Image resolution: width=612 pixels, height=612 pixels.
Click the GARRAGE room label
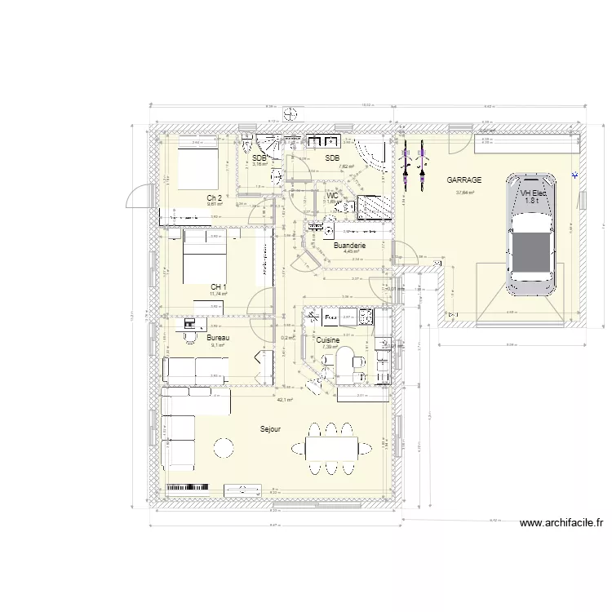point(463,180)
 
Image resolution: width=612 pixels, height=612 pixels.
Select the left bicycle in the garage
point(406,161)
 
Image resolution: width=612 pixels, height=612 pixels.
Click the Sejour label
point(271,428)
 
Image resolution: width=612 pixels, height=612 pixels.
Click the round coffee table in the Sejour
point(223,446)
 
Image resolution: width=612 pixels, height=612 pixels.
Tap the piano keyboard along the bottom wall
point(188,489)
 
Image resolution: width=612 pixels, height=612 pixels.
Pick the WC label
point(332,196)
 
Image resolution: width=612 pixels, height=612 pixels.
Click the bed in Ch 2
point(194,169)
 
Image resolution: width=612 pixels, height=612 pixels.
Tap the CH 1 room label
point(218,286)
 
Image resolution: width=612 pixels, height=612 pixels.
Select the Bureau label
point(218,337)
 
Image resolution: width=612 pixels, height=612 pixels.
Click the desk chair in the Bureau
point(191,335)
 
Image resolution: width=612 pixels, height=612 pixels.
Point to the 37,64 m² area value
point(464,193)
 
